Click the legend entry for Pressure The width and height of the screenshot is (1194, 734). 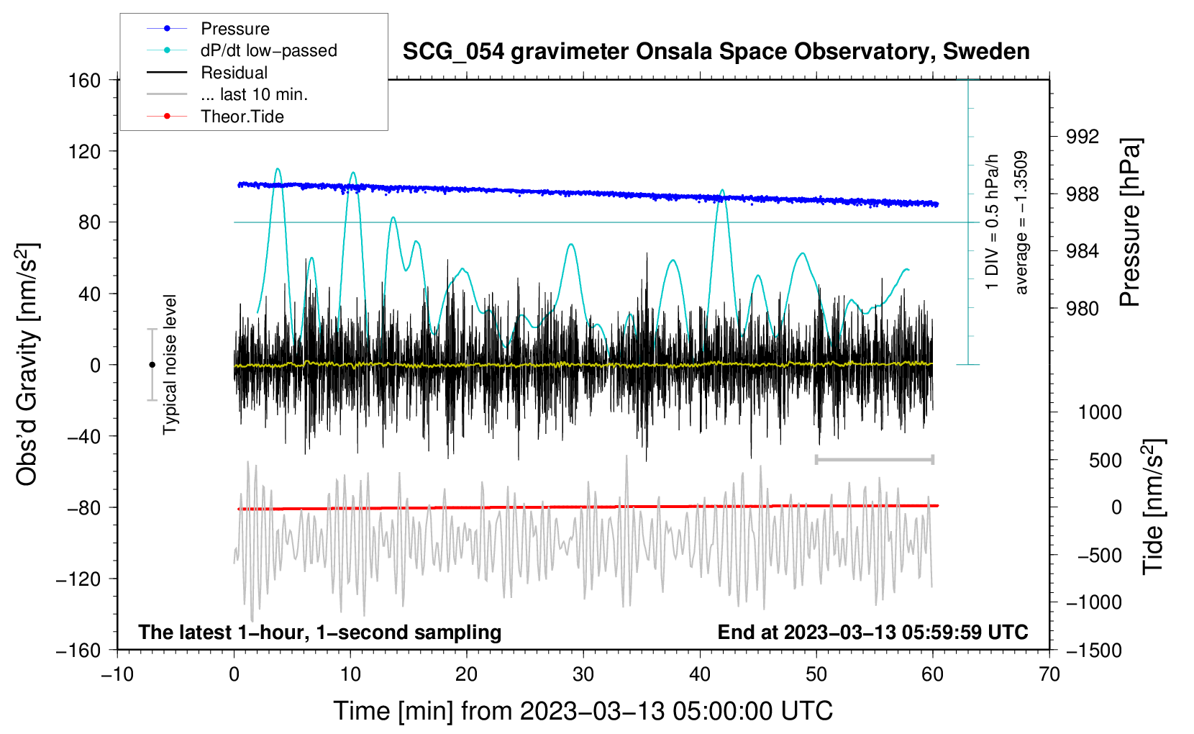pyautogui.click(x=209, y=28)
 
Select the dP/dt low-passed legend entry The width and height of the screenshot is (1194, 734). pyautogui.click(x=242, y=50)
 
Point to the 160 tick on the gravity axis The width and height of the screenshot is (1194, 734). pyautogui.click(x=85, y=81)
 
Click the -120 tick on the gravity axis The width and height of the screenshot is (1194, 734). pyautogui.click(x=78, y=579)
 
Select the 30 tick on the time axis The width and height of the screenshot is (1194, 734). pyautogui.click(x=583, y=675)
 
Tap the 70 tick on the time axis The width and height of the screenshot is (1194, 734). pyautogui.click(x=1049, y=675)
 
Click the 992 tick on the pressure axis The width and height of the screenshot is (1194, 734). pyautogui.click(x=1082, y=137)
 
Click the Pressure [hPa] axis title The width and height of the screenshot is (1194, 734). pyautogui.click(x=1130, y=222)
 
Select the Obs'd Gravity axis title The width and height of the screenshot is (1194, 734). pyautogui.click(x=27, y=364)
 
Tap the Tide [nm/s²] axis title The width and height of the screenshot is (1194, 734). pyautogui.click(x=1154, y=507)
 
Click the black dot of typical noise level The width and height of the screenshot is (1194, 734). pyautogui.click(x=152, y=365)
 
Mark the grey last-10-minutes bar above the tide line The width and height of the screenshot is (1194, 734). pyautogui.click(x=874, y=459)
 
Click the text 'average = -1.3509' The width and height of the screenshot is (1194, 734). pyautogui.click(x=1021, y=222)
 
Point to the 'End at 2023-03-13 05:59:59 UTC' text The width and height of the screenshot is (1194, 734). pyautogui.click(x=872, y=632)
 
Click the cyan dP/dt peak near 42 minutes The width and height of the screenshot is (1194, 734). pyautogui.click(x=722, y=190)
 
